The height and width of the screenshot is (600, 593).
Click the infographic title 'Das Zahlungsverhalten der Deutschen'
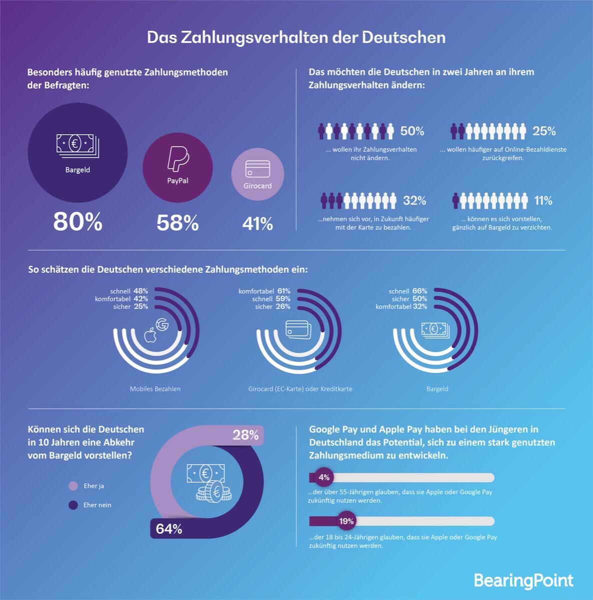point(296,37)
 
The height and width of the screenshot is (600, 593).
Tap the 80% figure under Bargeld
point(78,221)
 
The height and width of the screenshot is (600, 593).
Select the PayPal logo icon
point(177,159)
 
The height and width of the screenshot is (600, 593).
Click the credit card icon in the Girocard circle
point(258,169)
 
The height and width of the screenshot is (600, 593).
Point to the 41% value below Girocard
point(258,223)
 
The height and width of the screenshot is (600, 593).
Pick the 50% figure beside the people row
point(412,131)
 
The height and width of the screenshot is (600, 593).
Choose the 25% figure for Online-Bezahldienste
point(544,131)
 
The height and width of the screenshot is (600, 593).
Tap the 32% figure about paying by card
point(415,200)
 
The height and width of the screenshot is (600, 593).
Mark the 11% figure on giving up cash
point(544,200)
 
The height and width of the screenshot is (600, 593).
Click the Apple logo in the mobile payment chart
point(150,335)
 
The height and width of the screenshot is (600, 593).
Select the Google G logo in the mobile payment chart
point(162,324)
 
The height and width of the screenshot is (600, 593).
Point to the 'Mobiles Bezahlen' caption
point(155,389)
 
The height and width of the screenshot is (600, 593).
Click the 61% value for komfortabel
point(284,291)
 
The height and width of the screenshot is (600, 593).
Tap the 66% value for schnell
point(420,291)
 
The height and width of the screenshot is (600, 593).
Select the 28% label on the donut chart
point(246,435)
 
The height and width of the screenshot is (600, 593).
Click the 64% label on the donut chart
point(169,528)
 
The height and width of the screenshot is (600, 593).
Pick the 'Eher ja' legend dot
point(73,486)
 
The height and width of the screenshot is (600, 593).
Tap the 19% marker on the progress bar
point(346,521)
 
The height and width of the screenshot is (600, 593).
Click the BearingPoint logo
point(523,580)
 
